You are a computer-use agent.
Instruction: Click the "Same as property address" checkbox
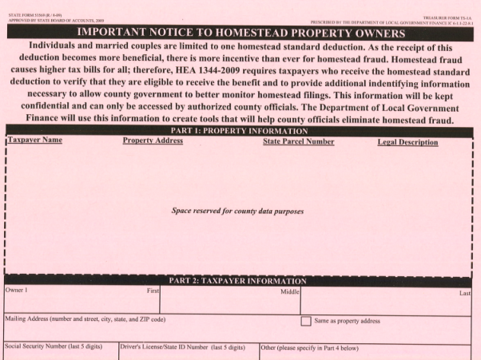(305, 321)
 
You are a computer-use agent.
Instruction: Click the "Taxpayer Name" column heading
(35, 141)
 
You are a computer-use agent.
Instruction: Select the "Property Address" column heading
(153, 141)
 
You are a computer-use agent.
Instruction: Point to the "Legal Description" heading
(407, 142)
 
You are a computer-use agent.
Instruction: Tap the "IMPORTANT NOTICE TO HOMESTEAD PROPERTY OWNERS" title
(240, 30)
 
